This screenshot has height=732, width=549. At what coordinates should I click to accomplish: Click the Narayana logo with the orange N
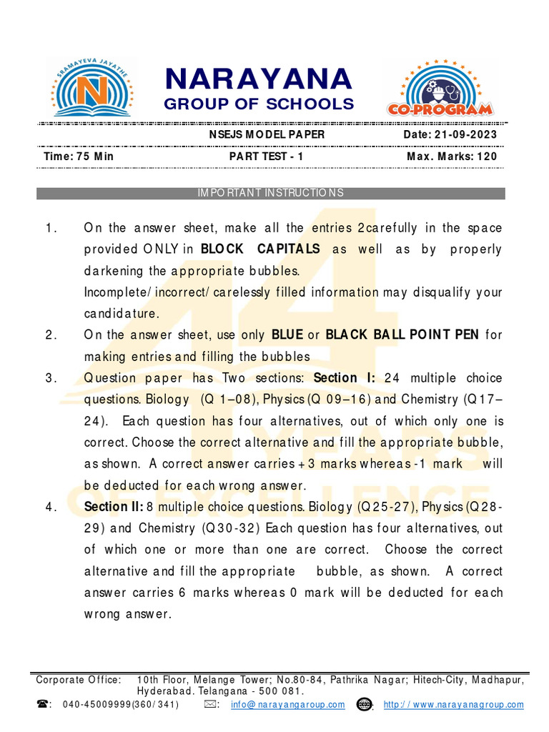point(90,87)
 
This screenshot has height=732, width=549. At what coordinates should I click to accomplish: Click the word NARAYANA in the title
point(259,79)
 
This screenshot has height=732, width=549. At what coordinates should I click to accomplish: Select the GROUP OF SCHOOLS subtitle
point(259,104)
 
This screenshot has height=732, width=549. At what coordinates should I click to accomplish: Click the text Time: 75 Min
point(79,156)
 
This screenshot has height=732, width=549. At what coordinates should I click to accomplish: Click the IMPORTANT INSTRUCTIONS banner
point(270,193)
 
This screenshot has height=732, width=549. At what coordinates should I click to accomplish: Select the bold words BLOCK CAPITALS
point(260,249)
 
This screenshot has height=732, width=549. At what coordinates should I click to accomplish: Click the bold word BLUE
point(288,335)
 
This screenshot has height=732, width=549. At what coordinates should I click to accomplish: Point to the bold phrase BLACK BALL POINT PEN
point(402,335)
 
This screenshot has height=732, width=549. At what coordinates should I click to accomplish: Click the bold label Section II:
point(113,506)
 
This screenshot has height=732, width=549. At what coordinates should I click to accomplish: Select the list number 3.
point(49,377)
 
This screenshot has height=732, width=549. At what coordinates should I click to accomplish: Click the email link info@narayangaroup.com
point(288,704)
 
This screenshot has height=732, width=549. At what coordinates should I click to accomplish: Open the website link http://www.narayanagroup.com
point(453,704)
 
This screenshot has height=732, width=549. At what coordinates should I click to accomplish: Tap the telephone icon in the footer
point(42,704)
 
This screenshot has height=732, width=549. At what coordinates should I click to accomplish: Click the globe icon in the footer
point(364,704)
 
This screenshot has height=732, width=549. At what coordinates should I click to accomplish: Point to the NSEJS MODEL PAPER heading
point(267,134)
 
